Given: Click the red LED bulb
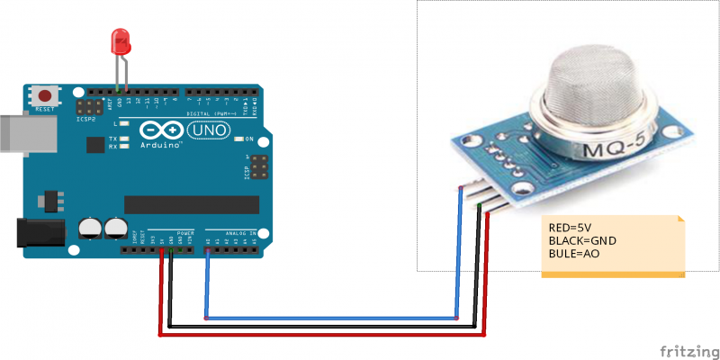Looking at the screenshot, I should [118, 40].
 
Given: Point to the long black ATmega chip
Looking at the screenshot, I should [184, 206].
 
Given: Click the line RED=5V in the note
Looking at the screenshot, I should [572, 228].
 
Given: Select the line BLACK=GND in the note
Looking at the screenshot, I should [580, 241].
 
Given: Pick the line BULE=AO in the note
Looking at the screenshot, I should [574, 255].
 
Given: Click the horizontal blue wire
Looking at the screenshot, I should [333, 318].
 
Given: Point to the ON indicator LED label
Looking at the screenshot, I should [249, 139].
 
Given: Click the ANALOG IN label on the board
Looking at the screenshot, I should [239, 230].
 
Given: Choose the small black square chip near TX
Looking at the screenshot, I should [94, 144].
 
